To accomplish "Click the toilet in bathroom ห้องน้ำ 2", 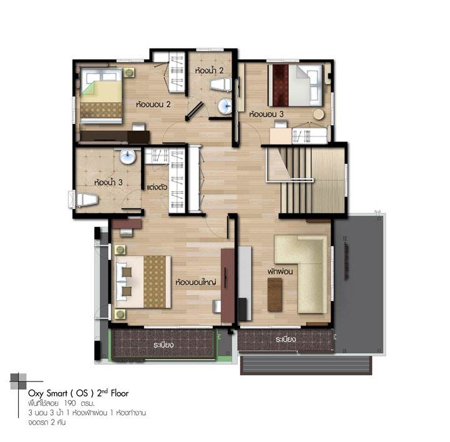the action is point(220,85).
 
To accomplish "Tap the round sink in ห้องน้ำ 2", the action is point(225,106).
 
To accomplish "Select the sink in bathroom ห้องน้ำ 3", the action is point(127,156).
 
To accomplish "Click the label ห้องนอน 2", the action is point(154,104).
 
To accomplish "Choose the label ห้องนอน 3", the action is point(266,114).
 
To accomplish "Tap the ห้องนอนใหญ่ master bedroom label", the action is point(196,282).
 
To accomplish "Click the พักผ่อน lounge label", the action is point(280,271).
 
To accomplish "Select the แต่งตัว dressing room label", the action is point(157,187).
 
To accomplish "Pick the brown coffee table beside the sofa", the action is point(275,295).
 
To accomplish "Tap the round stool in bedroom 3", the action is point(318,114).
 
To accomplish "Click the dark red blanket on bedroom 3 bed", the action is point(281,85).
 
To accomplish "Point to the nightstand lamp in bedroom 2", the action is point(129,72).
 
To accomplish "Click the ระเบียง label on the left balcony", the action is point(164,345).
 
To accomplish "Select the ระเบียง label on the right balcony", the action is point(286,339).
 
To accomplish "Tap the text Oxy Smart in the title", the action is point(48,393).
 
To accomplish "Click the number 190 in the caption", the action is point(70,403).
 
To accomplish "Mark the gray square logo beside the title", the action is point(18,382).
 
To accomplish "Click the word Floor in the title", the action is point(120,393).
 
